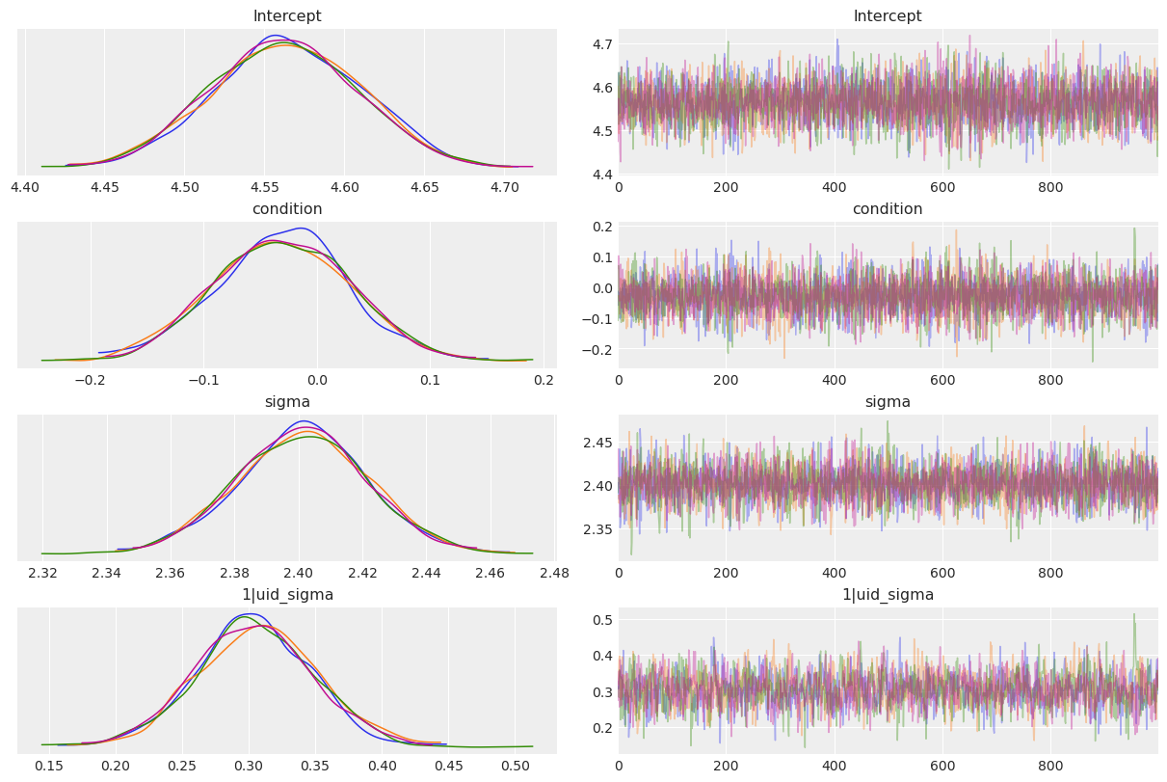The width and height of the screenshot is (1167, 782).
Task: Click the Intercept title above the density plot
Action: [287, 16]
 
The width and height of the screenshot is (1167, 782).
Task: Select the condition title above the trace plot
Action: [888, 209]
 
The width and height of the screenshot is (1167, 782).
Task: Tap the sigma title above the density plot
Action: [287, 402]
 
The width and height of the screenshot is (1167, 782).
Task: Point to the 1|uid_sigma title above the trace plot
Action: [888, 595]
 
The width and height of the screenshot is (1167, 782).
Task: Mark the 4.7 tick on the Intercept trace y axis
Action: [599, 44]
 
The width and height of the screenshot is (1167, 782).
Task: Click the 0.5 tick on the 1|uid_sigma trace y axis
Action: [599, 619]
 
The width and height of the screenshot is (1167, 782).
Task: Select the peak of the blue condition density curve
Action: [303, 229]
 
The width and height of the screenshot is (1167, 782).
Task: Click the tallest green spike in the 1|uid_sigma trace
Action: [1134, 614]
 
